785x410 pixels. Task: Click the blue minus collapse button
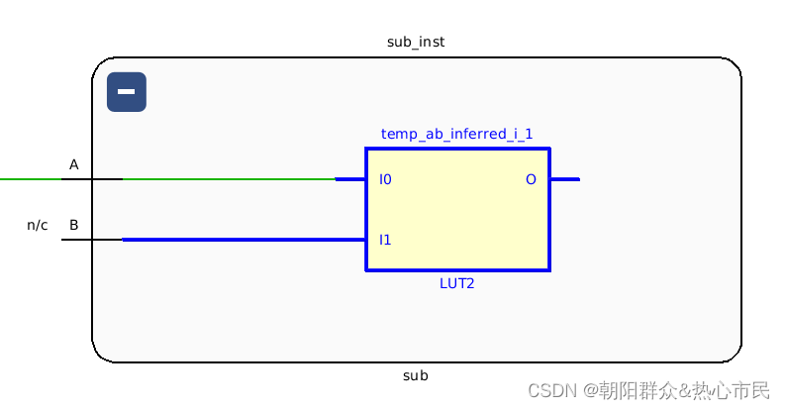(x=127, y=92)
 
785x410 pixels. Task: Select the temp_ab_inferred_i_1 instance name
(x=450, y=134)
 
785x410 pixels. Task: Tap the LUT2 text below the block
(x=458, y=283)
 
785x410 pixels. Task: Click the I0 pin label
(x=385, y=180)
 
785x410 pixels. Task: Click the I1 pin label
(x=385, y=240)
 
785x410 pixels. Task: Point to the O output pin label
(x=531, y=180)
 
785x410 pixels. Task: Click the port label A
(x=73, y=164)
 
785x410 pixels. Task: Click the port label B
(x=73, y=225)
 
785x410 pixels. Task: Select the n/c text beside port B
(x=38, y=225)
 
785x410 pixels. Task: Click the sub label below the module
(x=416, y=375)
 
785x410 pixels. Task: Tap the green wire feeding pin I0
(x=228, y=179)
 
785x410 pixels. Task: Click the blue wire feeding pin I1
(x=243, y=239)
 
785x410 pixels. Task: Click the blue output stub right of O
(x=564, y=179)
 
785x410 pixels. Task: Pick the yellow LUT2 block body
(x=457, y=213)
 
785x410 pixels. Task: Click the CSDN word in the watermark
(x=551, y=390)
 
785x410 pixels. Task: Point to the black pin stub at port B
(x=91, y=239)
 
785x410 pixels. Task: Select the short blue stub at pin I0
(x=350, y=179)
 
